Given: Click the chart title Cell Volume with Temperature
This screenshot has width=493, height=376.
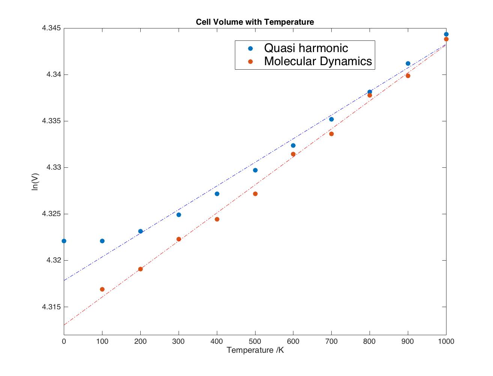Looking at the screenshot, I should (255, 22).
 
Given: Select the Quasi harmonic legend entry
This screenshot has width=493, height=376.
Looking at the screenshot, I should (306, 48).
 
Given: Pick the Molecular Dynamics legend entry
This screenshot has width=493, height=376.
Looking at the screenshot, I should (318, 61).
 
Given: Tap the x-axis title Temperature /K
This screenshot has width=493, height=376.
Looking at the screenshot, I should (255, 350).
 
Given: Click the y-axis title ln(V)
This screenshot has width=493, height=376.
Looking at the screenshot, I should (35, 182).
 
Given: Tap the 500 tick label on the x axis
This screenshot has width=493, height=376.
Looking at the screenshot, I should (255, 341).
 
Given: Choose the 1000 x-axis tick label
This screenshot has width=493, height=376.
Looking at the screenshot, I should (446, 341).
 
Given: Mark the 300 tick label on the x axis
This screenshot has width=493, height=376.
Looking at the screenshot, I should (179, 341).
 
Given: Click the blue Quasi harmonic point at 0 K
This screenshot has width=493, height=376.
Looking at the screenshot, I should (64, 241).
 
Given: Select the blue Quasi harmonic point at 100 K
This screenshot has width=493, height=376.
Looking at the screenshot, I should (102, 241).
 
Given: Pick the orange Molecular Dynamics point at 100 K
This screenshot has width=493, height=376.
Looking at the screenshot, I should (102, 289).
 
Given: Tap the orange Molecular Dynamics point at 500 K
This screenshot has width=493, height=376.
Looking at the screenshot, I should (255, 194).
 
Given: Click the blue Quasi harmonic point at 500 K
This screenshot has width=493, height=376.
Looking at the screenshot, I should (255, 170).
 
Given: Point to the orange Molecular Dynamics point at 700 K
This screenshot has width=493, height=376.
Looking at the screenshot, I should (331, 134).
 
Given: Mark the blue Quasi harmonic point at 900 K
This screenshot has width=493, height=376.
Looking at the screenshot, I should (408, 63).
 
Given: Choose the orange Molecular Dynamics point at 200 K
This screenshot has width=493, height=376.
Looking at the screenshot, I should (140, 269).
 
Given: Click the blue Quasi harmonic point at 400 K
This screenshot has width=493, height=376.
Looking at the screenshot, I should (217, 194).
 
